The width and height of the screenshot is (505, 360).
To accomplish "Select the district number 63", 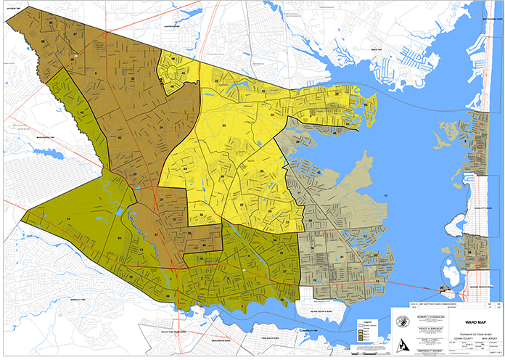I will [x=119, y=238].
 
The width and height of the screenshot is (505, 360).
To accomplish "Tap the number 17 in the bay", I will [x=386, y=197].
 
